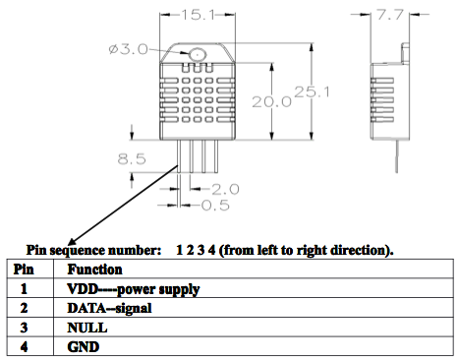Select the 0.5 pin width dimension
pos(216,205)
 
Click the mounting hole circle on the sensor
pos(200,55)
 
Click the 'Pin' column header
pos(24,269)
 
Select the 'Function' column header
pos(94,269)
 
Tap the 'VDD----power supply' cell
pos(133,289)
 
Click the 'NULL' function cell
pos(86,328)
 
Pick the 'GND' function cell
pos(83,347)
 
